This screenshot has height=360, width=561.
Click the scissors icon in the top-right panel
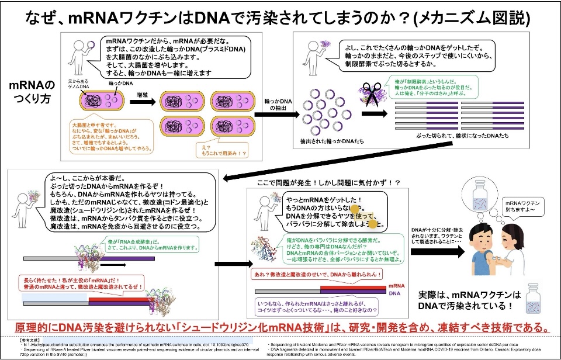click(x=371, y=95)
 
